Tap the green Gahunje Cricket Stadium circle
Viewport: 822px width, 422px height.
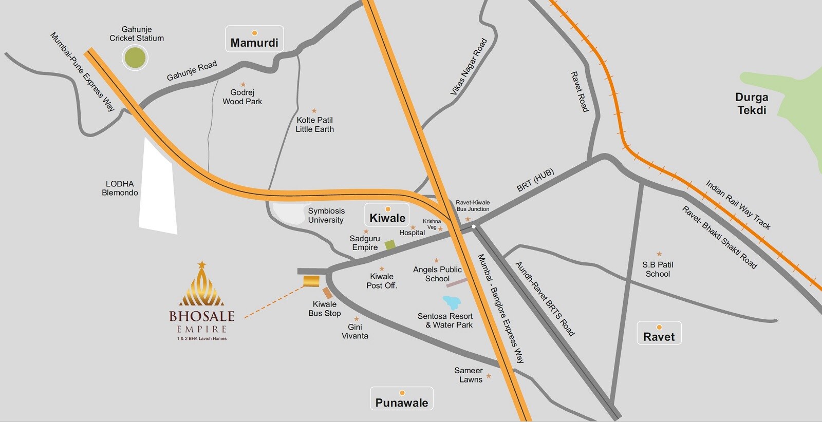coord(135,57)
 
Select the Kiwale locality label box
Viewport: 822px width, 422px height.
coord(387,215)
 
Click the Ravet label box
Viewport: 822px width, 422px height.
coord(659,333)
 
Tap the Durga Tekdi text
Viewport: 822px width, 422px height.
coord(751,104)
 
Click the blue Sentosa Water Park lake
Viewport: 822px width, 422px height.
coord(452,302)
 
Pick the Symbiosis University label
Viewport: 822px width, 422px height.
coord(326,216)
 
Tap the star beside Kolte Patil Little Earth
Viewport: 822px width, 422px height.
coord(314,111)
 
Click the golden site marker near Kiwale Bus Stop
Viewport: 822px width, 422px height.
coord(311,281)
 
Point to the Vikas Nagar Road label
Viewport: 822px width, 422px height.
coord(468,67)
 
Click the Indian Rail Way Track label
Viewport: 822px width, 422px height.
coord(737,205)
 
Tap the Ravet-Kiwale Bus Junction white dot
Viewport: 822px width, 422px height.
coord(474,226)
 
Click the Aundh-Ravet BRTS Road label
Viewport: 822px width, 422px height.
coord(545,299)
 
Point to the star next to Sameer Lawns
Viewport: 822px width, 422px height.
coord(489,376)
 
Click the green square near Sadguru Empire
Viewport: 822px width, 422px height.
coord(390,245)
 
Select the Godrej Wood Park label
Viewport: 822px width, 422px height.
coord(242,97)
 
